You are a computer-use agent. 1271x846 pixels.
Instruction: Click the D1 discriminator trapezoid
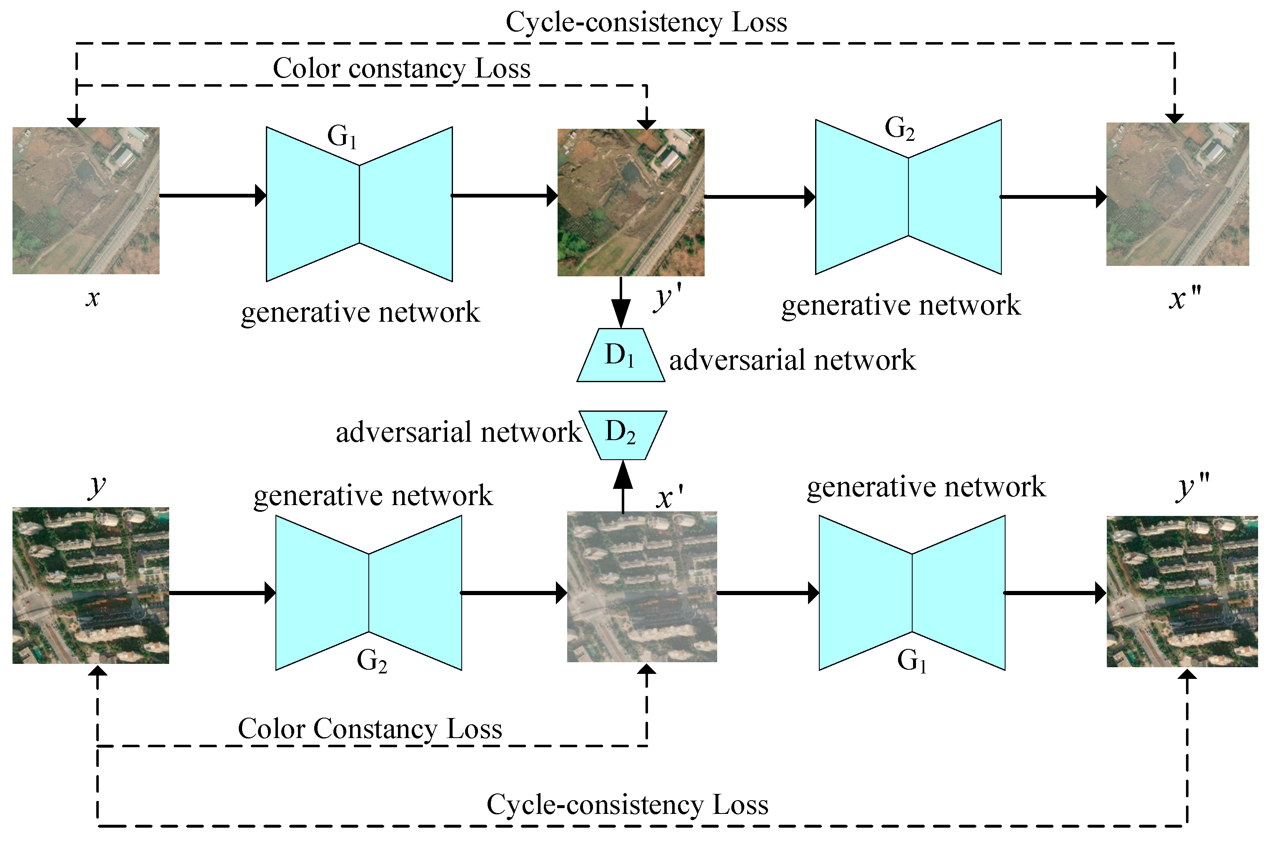620,355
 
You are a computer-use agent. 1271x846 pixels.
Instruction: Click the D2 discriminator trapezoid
622,435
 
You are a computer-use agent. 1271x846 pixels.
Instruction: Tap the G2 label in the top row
899,128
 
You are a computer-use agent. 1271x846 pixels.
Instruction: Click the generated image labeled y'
630,202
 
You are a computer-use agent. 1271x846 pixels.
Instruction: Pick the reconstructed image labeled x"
1177,194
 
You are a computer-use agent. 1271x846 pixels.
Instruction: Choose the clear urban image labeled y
90,586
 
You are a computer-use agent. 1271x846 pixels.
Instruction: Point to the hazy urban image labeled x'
641,587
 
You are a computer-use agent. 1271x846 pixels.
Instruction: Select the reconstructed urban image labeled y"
1181,592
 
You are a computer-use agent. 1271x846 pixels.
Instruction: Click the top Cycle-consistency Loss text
646,23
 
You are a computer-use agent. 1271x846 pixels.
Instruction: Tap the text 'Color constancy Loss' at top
401,68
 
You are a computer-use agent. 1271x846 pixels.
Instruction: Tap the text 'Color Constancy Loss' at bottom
370,729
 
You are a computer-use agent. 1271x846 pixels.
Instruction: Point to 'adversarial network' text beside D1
792,360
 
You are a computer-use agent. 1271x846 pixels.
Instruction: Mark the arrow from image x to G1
213,195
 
